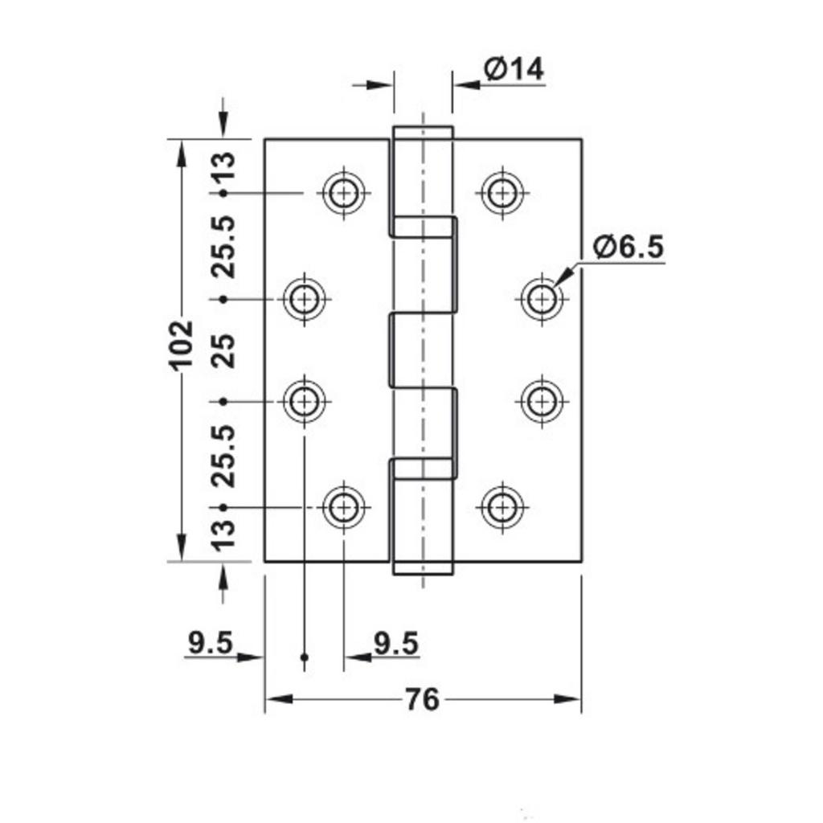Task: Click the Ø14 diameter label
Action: click(514, 70)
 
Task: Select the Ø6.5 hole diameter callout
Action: click(629, 248)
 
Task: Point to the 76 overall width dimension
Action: click(422, 699)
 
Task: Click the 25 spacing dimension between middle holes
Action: click(226, 350)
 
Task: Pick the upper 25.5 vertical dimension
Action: click(226, 247)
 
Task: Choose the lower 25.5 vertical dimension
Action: click(226, 455)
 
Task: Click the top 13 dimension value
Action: click(226, 169)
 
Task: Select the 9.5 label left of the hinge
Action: click(210, 643)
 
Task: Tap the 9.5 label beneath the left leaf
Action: click(396, 643)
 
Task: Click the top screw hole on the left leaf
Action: click(345, 193)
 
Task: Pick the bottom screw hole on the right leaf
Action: click(502, 506)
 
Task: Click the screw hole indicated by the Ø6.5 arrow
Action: click(542, 299)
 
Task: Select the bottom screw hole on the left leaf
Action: click(345, 506)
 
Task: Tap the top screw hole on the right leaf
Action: click(502, 193)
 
